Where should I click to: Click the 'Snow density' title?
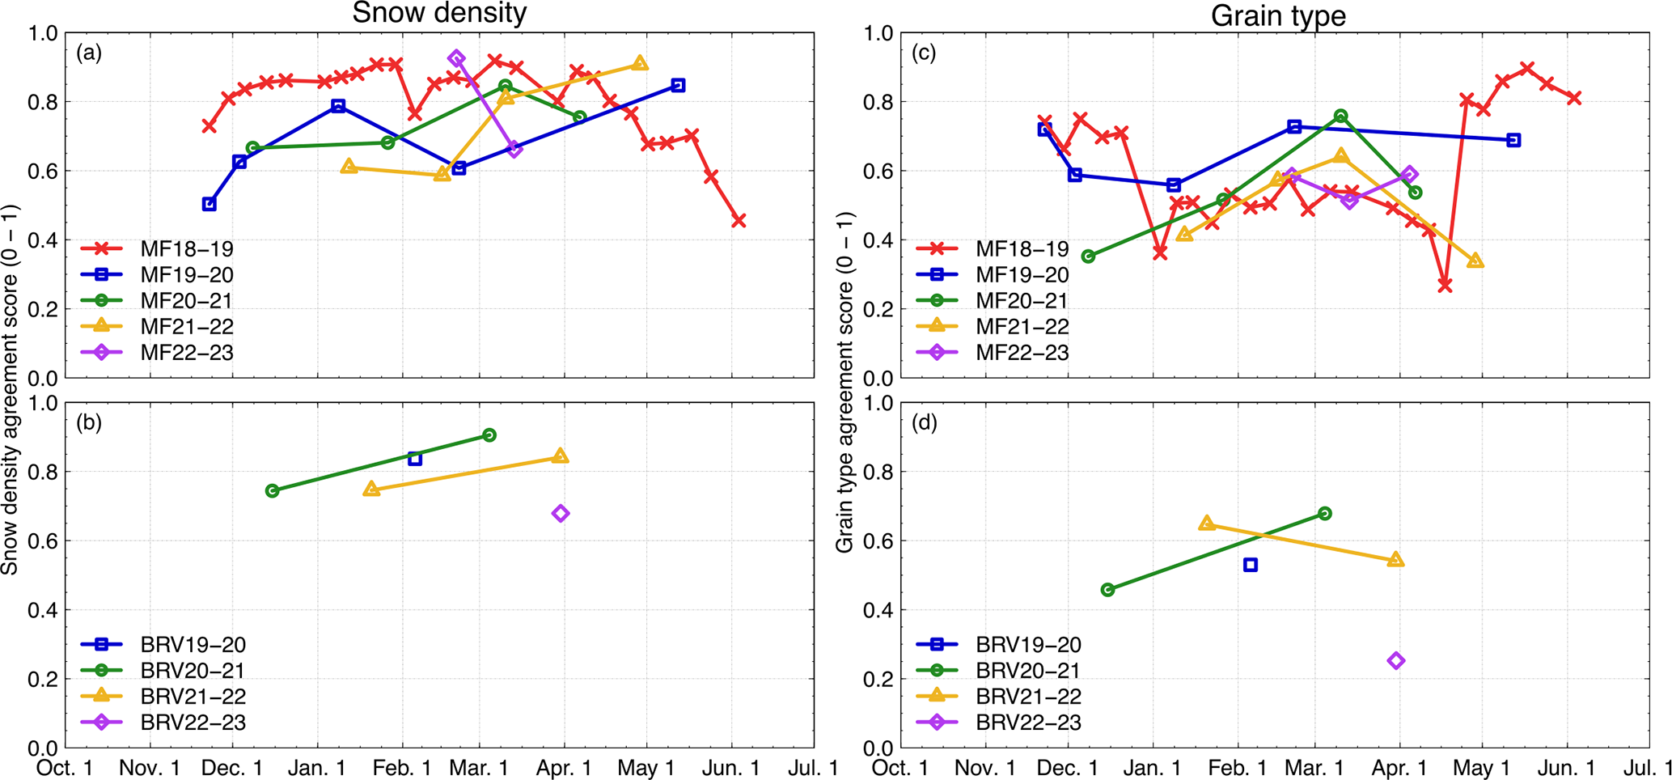tap(439, 13)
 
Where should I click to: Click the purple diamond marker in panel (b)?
tap(561, 514)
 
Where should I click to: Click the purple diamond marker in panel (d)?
tap(1396, 661)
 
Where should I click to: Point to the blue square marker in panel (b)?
tap(415, 459)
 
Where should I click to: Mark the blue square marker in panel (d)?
tap(1251, 565)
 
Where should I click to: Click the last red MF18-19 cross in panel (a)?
tap(739, 220)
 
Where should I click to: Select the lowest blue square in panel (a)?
tap(210, 205)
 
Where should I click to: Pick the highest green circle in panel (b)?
tap(489, 435)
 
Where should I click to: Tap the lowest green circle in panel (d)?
tap(1108, 590)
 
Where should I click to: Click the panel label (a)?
tap(89, 53)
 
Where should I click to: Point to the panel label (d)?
tap(924, 422)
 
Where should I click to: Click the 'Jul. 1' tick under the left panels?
tap(813, 767)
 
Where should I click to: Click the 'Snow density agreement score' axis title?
tap(10, 390)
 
